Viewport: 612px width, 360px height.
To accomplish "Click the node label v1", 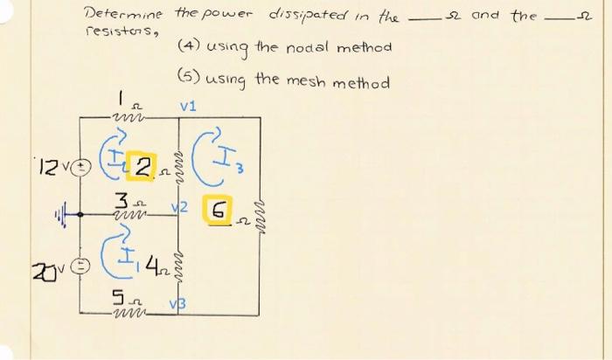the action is (188, 106).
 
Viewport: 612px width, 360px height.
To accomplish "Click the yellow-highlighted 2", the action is (143, 167).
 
